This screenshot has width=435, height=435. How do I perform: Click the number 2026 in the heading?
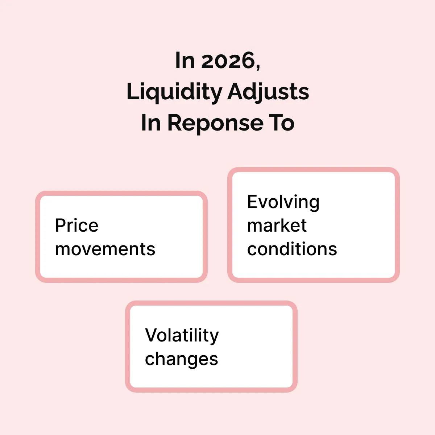pyautogui.click(x=228, y=60)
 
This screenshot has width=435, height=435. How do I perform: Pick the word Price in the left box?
pyautogui.click(x=77, y=225)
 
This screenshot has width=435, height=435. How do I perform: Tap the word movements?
pyautogui.click(x=105, y=249)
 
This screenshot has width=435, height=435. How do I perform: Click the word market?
pyautogui.click(x=277, y=225)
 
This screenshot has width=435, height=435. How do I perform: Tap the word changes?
pyautogui.click(x=182, y=360)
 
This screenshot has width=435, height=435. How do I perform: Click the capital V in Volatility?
pyautogui.click(x=152, y=335)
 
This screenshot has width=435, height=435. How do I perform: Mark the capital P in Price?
pyautogui.click(x=61, y=225)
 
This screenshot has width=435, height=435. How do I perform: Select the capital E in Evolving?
pyautogui.click(x=253, y=202)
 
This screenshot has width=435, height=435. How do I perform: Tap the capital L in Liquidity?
pyautogui.click(x=132, y=91)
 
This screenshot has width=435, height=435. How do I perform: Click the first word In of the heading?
pyautogui.click(x=185, y=60)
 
